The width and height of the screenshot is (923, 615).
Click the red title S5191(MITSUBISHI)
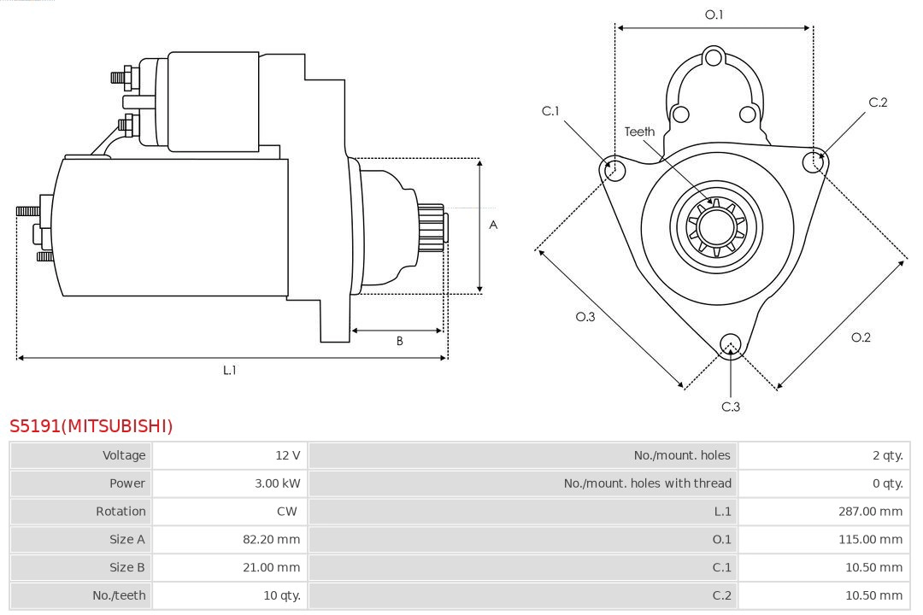coord(91,425)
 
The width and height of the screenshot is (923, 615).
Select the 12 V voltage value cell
coord(288,455)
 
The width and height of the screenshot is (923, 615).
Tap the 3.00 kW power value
coord(277,483)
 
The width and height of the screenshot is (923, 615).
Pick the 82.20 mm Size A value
coord(271,540)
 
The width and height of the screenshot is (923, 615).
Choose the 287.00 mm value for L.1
coord(870,512)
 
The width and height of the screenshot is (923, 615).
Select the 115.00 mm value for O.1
coord(870,540)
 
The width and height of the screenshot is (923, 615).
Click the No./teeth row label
coord(119,595)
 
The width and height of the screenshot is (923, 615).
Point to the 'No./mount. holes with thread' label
coord(647,483)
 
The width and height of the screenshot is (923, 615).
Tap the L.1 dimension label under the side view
coord(229,370)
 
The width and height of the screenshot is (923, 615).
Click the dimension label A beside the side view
coord(493,225)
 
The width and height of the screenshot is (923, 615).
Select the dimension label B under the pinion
coord(399,342)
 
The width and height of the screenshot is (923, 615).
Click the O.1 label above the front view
coord(714,15)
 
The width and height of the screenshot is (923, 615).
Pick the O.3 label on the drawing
coord(585,317)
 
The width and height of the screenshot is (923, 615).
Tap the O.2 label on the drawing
coord(861,337)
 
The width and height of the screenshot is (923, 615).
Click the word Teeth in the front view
coord(639,132)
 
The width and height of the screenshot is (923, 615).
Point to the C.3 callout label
coord(731,407)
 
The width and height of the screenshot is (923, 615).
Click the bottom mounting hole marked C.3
coord(730,344)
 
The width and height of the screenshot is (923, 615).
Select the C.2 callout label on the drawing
coord(878,102)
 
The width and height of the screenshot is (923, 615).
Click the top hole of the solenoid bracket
coord(714,58)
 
